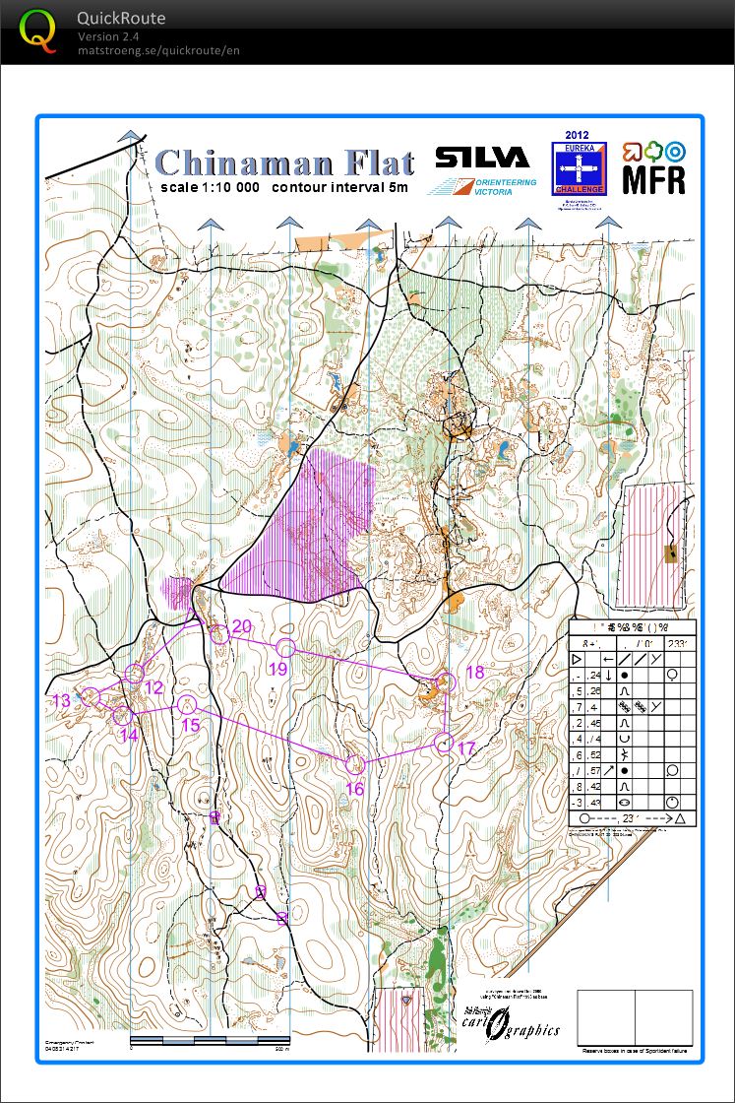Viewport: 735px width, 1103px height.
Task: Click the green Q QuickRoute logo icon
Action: tap(37, 32)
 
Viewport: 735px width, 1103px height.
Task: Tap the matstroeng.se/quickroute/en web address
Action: tap(158, 50)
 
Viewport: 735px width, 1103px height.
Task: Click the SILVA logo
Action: tap(482, 158)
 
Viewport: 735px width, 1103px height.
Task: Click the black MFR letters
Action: tap(653, 180)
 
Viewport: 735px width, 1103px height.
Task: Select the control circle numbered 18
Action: tap(446, 682)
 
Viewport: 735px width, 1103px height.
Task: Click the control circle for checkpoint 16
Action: tap(355, 764)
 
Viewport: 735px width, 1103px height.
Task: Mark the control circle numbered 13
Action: tap(92, 695)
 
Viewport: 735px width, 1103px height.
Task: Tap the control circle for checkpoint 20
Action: tap(218, 634)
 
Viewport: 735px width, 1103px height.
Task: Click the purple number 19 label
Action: tap(277, 669)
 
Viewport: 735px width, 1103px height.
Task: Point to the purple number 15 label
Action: tap(191, 725)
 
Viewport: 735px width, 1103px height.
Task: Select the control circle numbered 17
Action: tap(444, 743)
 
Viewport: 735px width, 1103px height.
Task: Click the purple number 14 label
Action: tap(128, 735)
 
